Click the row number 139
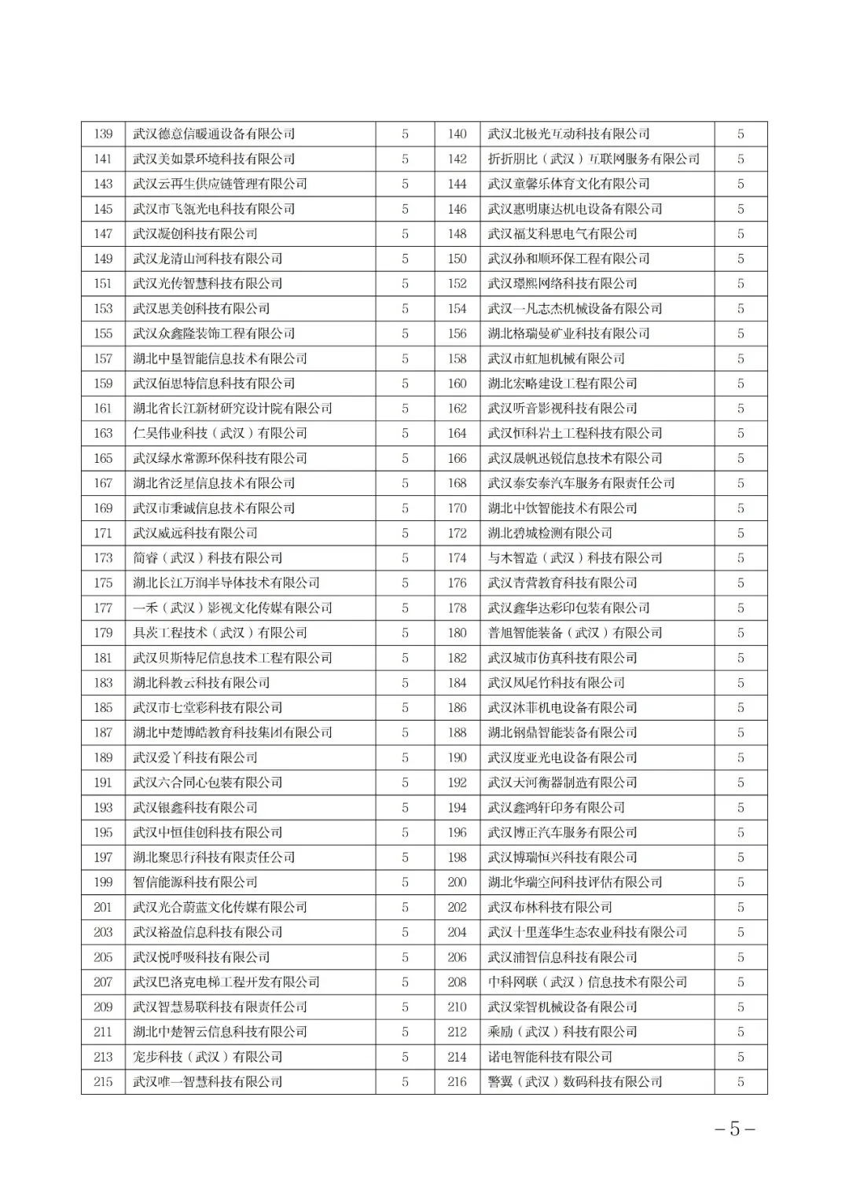coord(103,134)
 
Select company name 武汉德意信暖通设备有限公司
coord(214,134)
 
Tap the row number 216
coord(457,1082)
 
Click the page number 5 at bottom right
coord(735,1129)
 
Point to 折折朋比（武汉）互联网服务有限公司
coord(594,159)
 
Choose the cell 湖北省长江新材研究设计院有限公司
coord(233,409)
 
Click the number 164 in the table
coord(457,434)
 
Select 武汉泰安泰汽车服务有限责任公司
coord(581,483)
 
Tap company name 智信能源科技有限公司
coord(195,883)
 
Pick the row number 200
coord(457,883)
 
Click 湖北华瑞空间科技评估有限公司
coord(575,883)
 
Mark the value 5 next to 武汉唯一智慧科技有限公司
coord(405,1082)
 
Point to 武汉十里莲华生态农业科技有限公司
coord(587,932)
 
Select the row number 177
coord(103,608)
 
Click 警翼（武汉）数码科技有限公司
coord(575,1082)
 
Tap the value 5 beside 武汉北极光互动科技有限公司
coord(741,134)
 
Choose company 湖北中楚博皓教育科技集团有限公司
coord(233,732)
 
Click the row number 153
coord(103,309)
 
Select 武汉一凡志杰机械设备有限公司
coord(575,309)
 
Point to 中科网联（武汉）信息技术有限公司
coord(587,982)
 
